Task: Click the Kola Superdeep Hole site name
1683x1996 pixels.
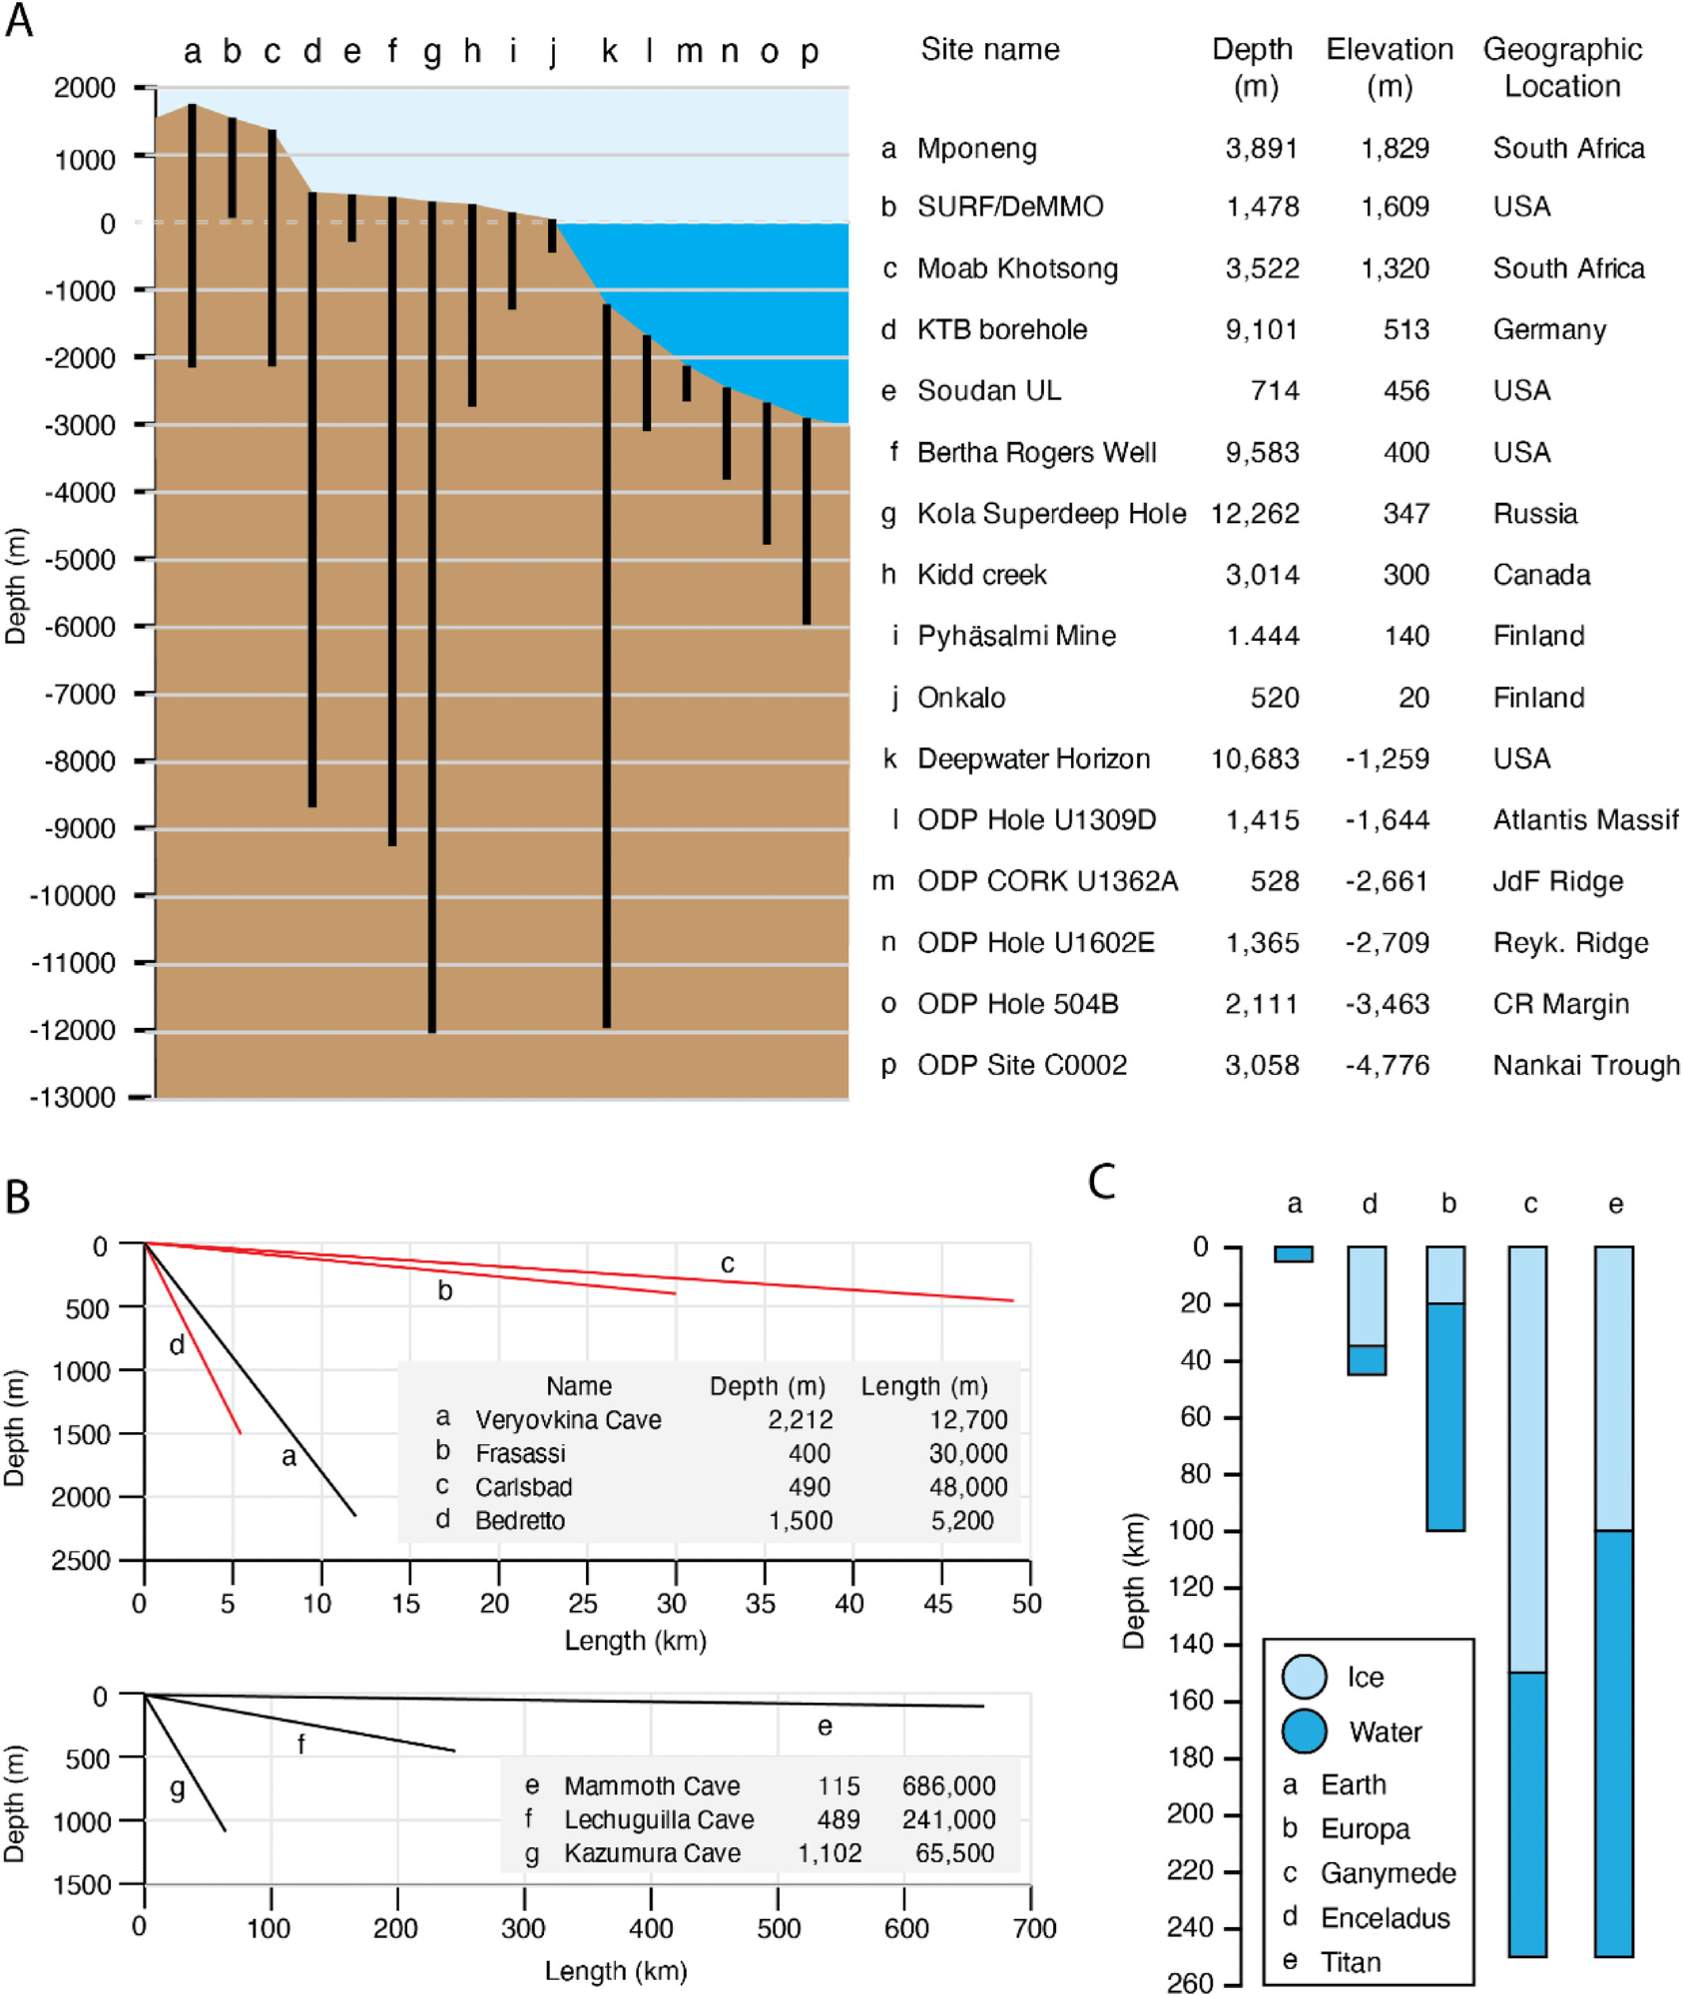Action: tap(1051, 514)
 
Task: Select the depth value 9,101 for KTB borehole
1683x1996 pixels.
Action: tap(1262, 329)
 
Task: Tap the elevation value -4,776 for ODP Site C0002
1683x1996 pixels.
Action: tap(1387, 1065)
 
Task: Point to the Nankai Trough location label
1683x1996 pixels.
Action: tap(1585, 1065)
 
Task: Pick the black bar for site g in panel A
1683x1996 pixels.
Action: tap(431, 619)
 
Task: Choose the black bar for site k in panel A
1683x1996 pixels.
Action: tap(607, 669)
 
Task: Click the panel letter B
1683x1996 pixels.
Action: tap(18, 1198)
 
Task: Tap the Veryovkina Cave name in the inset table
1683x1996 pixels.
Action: tap(568, 1419)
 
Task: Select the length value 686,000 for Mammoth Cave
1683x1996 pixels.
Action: tap(948, 1785)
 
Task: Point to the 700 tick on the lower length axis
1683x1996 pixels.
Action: tap(1034, 1928)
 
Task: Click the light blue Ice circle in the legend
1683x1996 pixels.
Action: tap(1304, 1677)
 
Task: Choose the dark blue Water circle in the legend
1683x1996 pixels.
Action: tap(1304, 1732)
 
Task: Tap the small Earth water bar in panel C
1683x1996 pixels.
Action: tap(1294, 1254)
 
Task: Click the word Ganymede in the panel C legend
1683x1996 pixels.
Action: tap(1388, 1873)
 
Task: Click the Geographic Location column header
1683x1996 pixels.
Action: tap(1562, 67)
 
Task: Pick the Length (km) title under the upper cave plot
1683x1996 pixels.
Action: tap(635, 1641)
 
